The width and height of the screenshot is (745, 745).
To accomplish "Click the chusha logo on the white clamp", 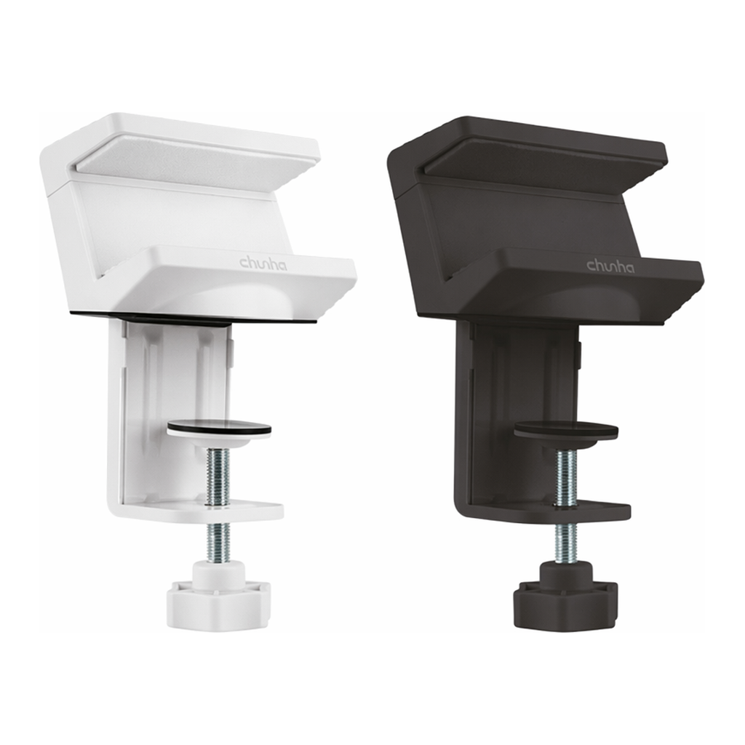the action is pos(263,263).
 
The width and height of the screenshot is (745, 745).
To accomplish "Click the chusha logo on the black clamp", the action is pos(610,266).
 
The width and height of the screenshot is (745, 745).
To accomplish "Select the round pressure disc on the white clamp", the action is pos(219,429).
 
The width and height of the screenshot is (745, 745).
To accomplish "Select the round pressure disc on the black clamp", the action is pos(566,430).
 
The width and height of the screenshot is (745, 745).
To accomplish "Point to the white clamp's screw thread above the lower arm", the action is pos(218,477).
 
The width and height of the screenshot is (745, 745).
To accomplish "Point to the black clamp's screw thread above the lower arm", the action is pos(565,477).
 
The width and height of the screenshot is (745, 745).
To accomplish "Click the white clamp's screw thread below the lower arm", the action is pos(218,541).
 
